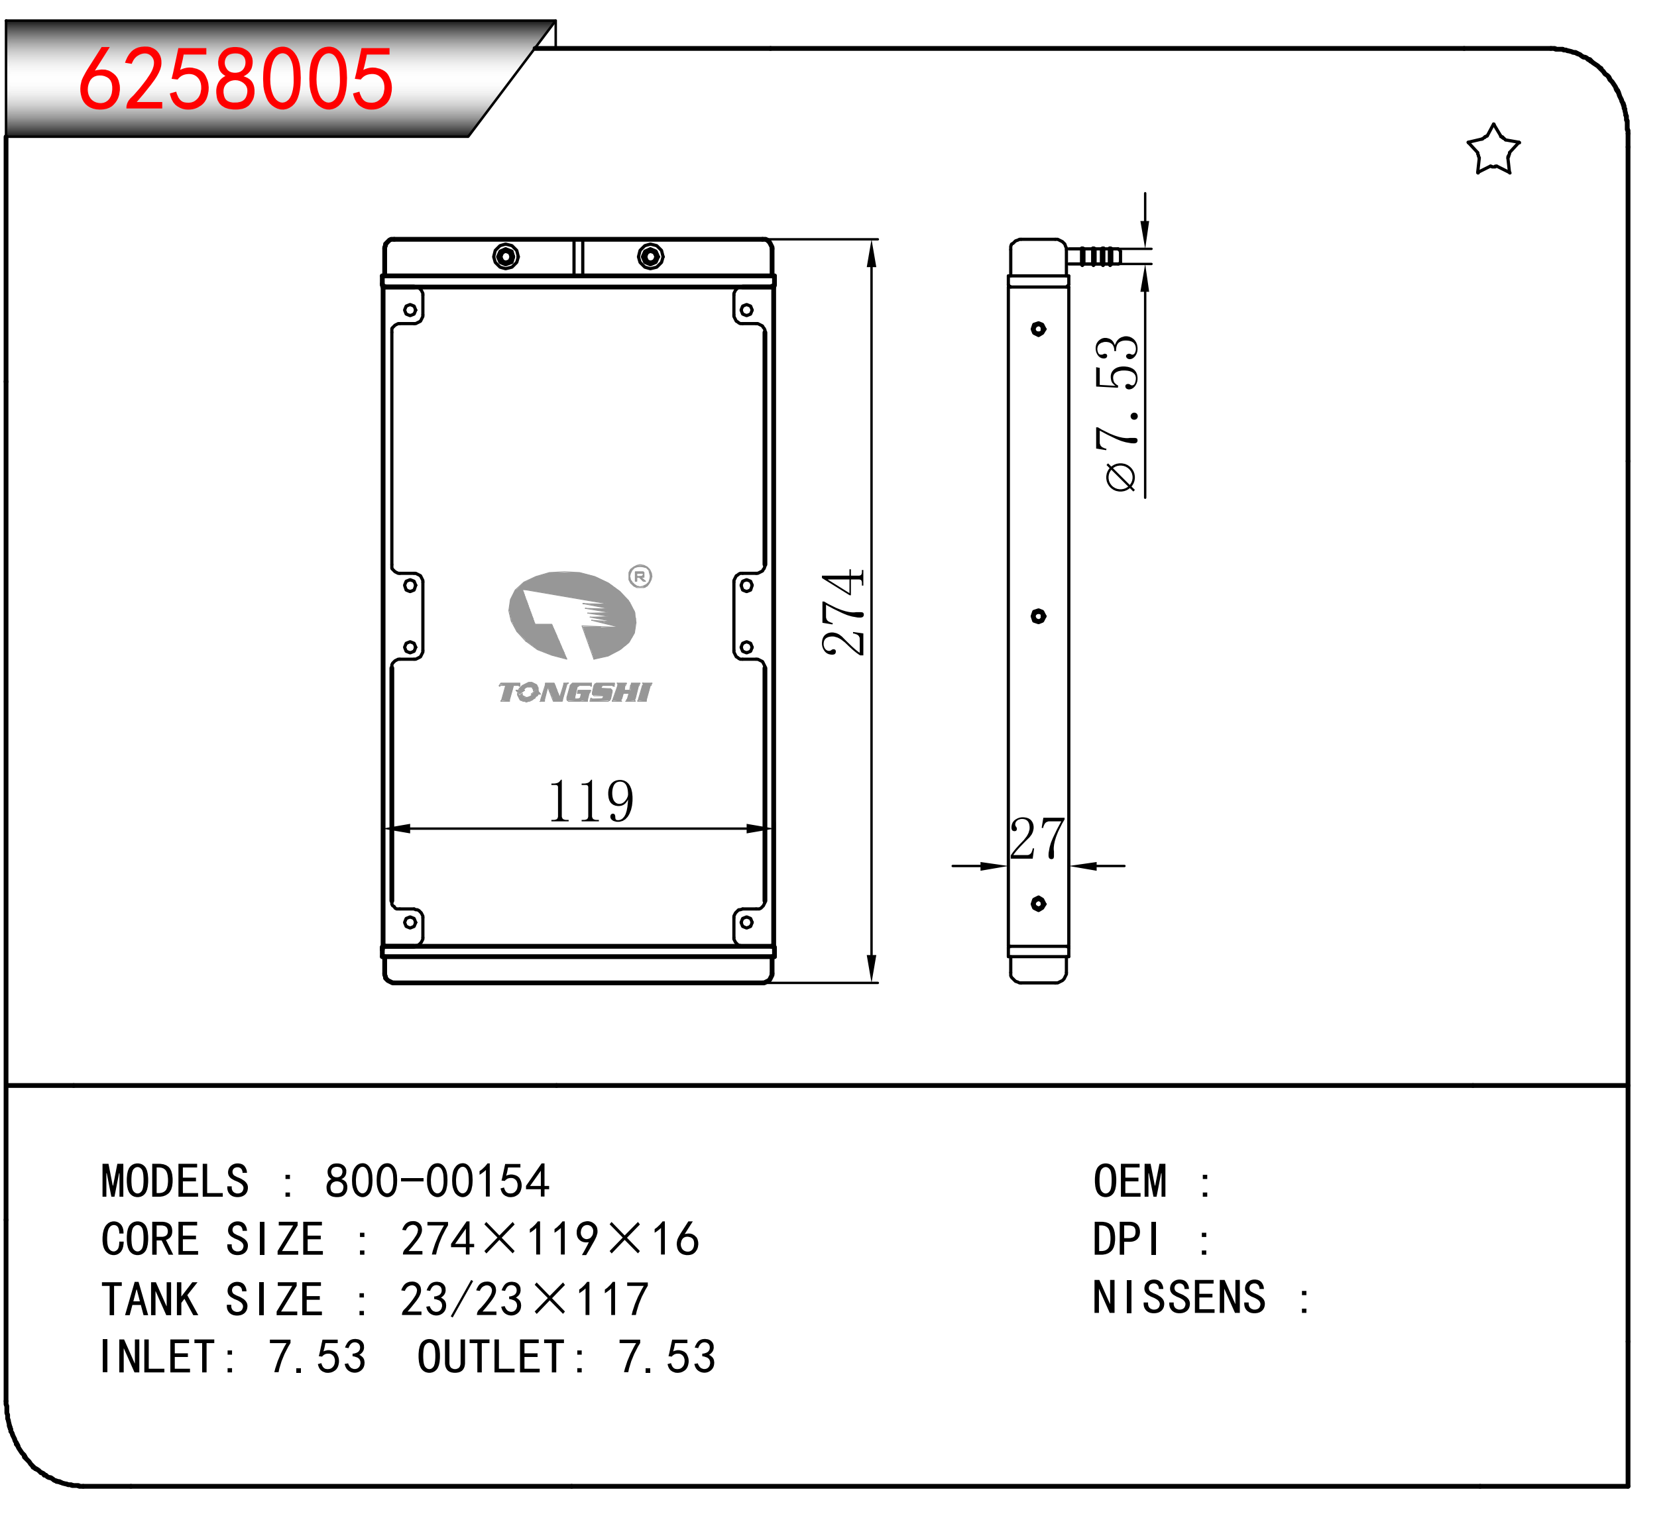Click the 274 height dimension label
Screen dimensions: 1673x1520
click(x=843, y=612)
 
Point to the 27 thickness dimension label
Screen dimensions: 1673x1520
click(x=1037, y=839)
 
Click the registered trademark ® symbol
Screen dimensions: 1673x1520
click(x=640, y=576)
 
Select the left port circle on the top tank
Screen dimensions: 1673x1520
click(x=505, y=256)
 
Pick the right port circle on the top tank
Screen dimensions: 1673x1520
click(x=651, y=256)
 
